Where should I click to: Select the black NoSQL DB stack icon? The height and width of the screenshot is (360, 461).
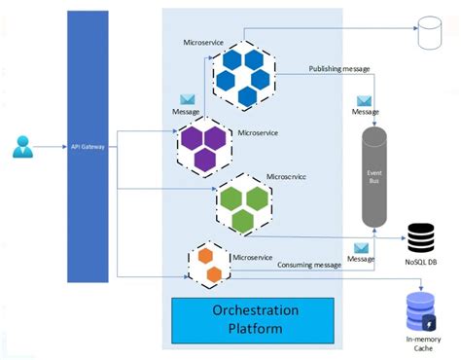[x=420, y=235]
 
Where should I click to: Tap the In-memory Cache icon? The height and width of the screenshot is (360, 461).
[x=420, y=311]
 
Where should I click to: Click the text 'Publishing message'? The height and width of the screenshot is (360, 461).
[x=337, y=69]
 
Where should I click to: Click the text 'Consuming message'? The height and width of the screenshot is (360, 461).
[x=310, y=263]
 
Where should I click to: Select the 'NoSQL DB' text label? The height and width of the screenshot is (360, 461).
[x=420, y=262]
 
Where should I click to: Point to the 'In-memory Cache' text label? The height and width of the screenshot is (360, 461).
[x=420, y=345]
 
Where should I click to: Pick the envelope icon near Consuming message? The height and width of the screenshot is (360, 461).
[x=361, y=247]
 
